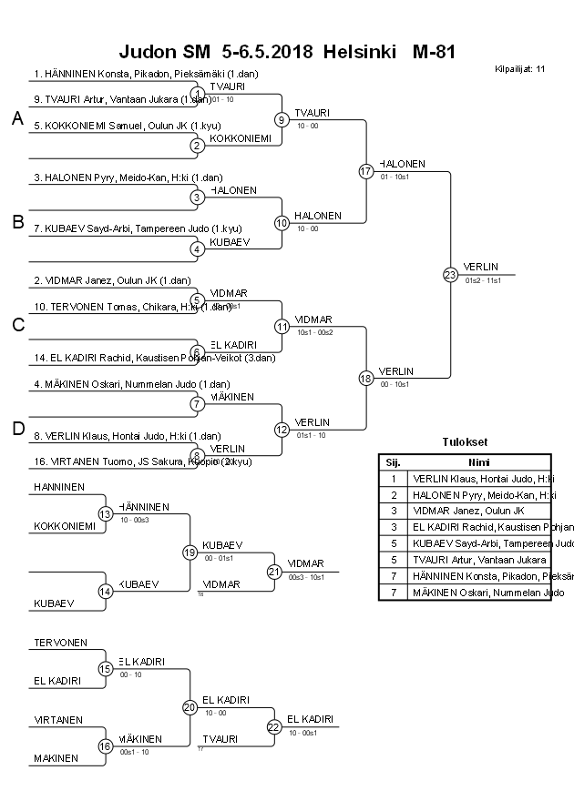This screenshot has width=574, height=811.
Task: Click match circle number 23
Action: (449, 274)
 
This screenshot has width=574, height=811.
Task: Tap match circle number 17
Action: (366, 171)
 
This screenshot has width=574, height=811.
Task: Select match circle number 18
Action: (366, 378)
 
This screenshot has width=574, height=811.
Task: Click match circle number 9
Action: (282, 119)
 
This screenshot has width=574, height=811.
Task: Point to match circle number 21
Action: (274, 572)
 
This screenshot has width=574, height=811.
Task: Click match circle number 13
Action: (105, 513)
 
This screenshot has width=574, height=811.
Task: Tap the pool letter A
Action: (17, 118)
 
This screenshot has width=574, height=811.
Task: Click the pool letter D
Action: (17, 429)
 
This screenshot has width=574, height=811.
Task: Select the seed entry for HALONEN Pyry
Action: (128, 177)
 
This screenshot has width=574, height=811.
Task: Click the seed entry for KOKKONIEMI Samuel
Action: (128, 126)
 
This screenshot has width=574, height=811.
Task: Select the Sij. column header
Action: (394, 461)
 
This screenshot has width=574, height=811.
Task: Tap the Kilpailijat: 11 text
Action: (520, 68)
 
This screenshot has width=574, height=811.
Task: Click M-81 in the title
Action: (434, 52)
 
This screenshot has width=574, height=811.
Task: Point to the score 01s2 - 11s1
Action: (483, 280)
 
